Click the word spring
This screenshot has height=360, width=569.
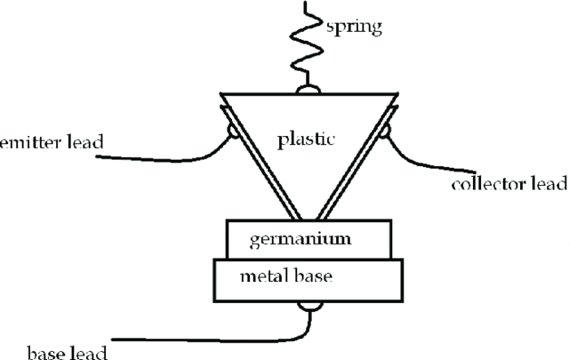(354, 26)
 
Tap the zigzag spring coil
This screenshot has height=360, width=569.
(307, 44)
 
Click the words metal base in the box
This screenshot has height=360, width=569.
(286, 276)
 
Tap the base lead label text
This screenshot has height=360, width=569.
(53, 353)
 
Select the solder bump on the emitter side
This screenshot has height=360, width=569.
(234, 132)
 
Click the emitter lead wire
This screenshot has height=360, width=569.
(160, 157)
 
